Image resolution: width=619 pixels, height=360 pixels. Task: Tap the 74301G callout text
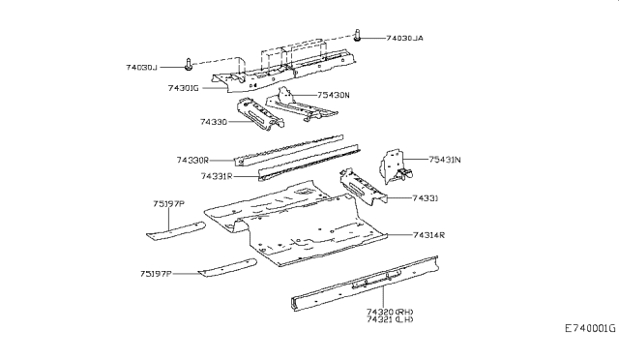(x=184, y=87)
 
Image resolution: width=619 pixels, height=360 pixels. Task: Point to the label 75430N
(x=335, y=95)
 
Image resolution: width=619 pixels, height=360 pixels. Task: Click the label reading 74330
(x=214, y=122)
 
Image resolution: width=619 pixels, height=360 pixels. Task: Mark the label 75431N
(x=446, y=160)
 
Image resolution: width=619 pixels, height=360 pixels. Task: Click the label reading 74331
(x=427, y=197)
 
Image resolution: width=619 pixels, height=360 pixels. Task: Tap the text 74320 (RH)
(x=390, y=311)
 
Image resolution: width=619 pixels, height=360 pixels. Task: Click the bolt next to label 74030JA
(x=359, y=36)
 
